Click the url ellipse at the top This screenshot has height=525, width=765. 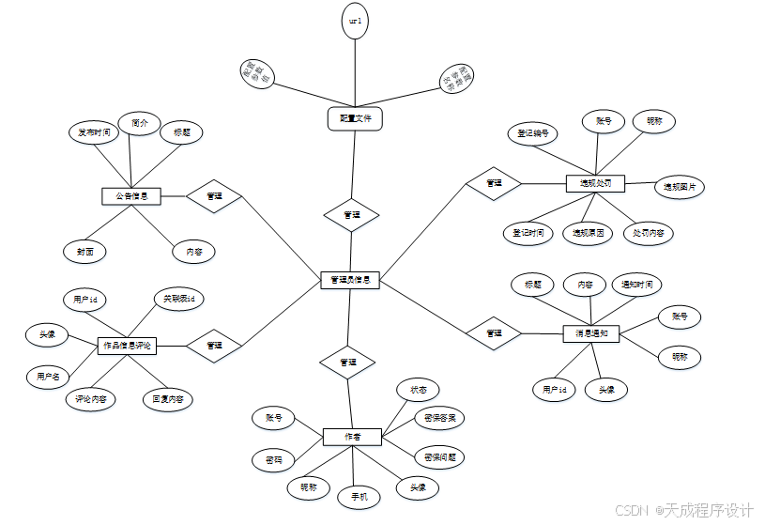(x=355, y=21)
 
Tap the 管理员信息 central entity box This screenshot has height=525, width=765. (x=350, y=280)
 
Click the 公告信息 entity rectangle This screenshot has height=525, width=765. (x=131, y=196)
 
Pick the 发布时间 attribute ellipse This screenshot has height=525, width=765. (x=95, y=132)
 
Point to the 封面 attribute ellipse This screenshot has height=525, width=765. (x=85, y=251)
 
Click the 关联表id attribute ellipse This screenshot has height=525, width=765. (x=178, y=299)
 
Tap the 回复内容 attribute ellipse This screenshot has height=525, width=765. (x=168, y=399)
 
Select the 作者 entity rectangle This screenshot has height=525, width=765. (x=352, y=437)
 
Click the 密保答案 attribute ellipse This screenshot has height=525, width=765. (x=439, y=417)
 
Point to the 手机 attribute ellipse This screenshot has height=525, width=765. (x=360, y=496)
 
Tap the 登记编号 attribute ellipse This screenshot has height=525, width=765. (x=533, y=133)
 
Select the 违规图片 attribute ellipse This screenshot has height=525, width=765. (x=680, y=187)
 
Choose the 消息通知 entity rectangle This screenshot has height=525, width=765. (x=591, y=333)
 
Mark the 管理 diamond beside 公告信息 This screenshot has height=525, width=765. (x=214, y=196)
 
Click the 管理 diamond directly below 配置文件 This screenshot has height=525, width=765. (x=352, y=215)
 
